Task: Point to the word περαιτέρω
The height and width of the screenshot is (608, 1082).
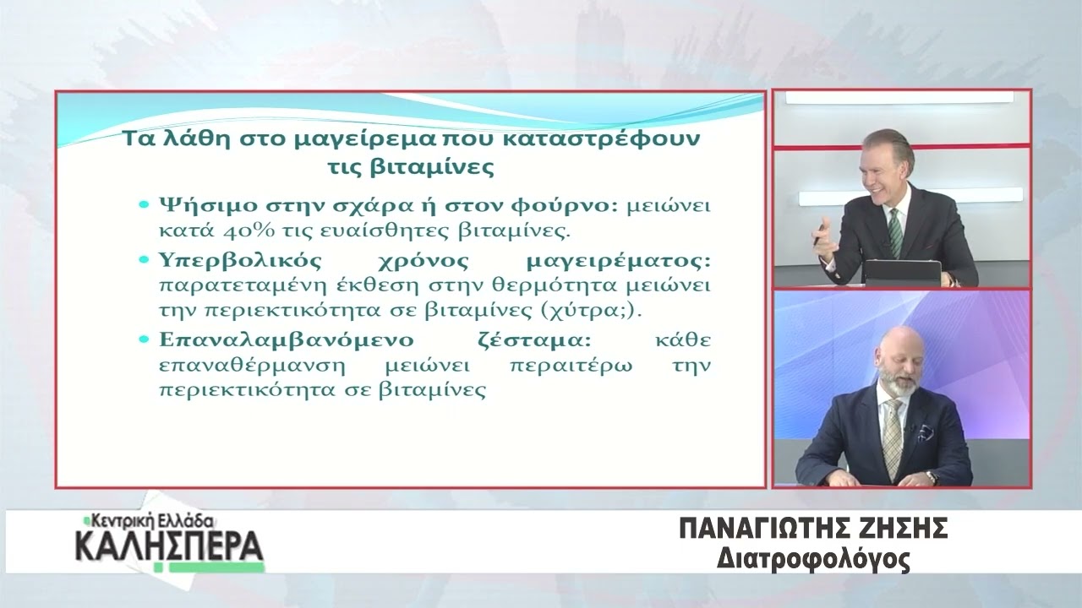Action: click(571, 366)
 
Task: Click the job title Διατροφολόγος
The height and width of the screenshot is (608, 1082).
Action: click(814, 559)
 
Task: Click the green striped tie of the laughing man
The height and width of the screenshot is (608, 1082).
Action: click(895, 231)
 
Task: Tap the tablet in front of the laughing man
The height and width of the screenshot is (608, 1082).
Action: click(902, 273)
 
